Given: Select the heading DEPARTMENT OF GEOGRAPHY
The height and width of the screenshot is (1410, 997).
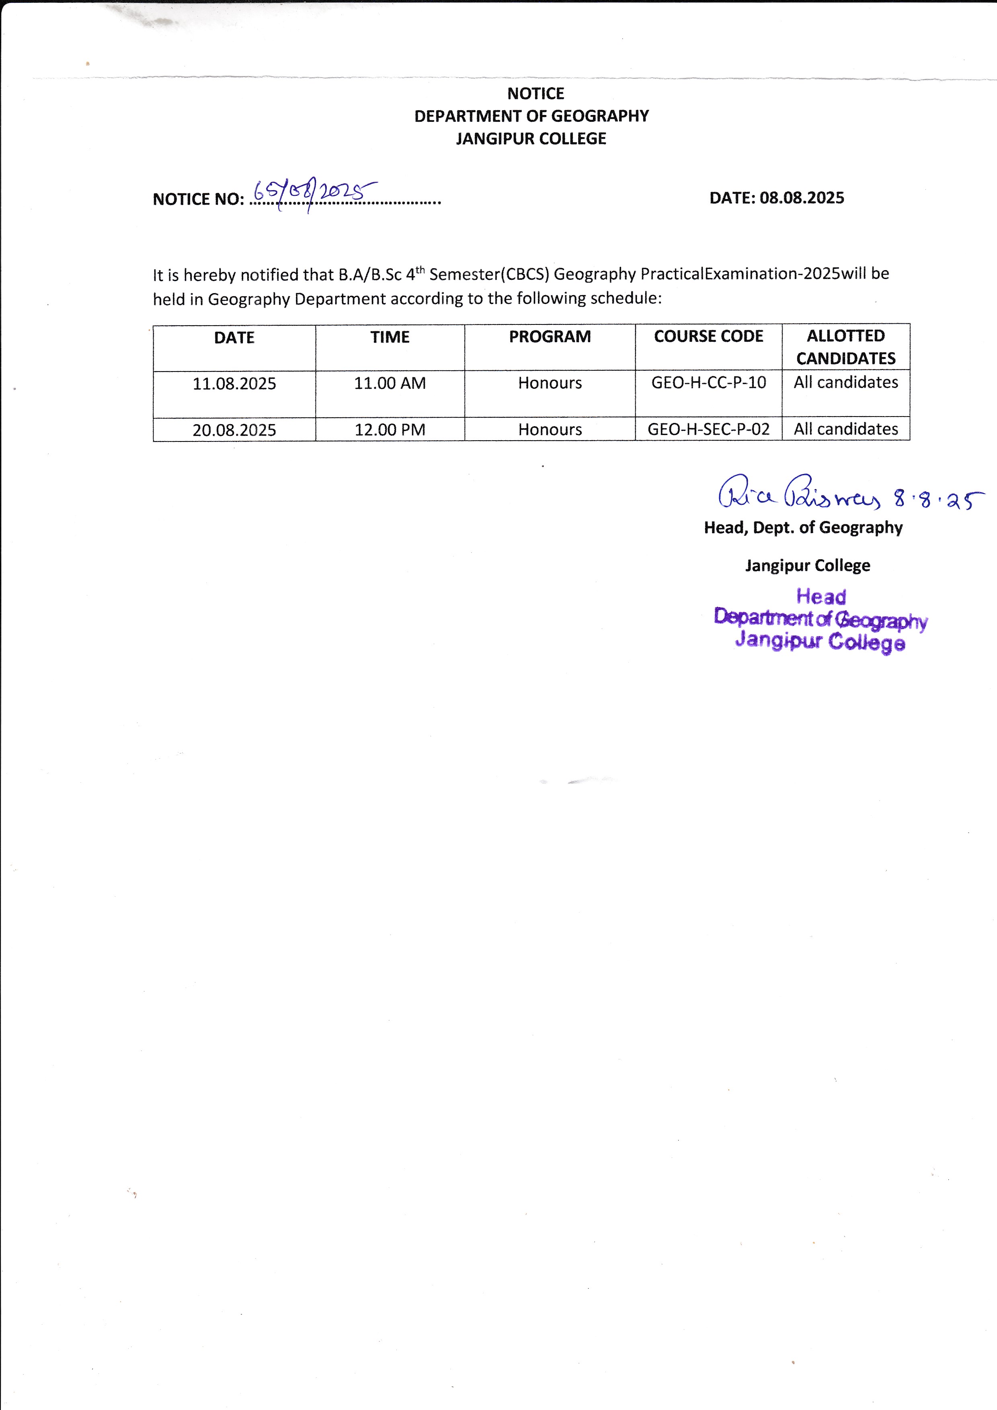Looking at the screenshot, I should pos(531,116).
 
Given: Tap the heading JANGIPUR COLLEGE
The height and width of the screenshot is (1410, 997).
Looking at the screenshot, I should pos(531,139).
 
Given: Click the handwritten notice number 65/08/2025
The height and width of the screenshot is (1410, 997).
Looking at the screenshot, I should pos(314,193).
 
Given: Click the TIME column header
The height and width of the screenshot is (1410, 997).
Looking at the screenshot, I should pos(390,337).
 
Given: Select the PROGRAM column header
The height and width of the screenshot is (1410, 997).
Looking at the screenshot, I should pos(550,337).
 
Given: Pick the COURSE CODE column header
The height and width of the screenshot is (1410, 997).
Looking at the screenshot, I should pos(708,337).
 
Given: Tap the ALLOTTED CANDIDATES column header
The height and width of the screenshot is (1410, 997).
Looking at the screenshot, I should pos(845,347).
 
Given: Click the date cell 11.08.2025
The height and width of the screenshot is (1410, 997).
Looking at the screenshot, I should pos(234,384).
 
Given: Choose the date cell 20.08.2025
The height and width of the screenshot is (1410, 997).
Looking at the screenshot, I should pos(234,430).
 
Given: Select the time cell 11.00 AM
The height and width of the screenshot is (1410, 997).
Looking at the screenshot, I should pos(390,383).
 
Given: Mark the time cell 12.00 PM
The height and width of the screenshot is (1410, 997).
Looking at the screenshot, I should pos(390,430).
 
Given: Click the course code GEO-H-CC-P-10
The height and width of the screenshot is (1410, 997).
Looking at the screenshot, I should pos(708,383).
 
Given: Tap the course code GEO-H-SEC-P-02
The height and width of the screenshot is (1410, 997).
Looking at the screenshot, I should pos(708,429).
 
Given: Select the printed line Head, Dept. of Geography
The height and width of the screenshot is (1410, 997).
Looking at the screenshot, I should pos(803,527).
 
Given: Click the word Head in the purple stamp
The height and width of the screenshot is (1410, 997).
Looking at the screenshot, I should pos(821,596).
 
